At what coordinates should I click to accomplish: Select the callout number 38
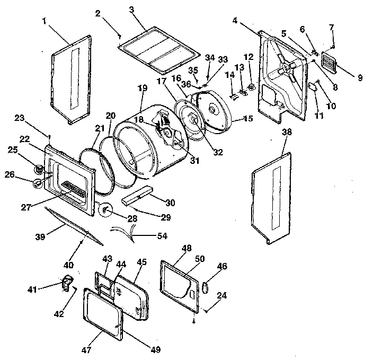tap(287, 134)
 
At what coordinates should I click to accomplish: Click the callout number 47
tap(86, 335)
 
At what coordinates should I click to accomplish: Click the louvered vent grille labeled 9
tap(335, 65)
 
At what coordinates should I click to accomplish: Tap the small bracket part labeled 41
tap(67, 283)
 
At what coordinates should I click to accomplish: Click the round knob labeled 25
tap(39, 169)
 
